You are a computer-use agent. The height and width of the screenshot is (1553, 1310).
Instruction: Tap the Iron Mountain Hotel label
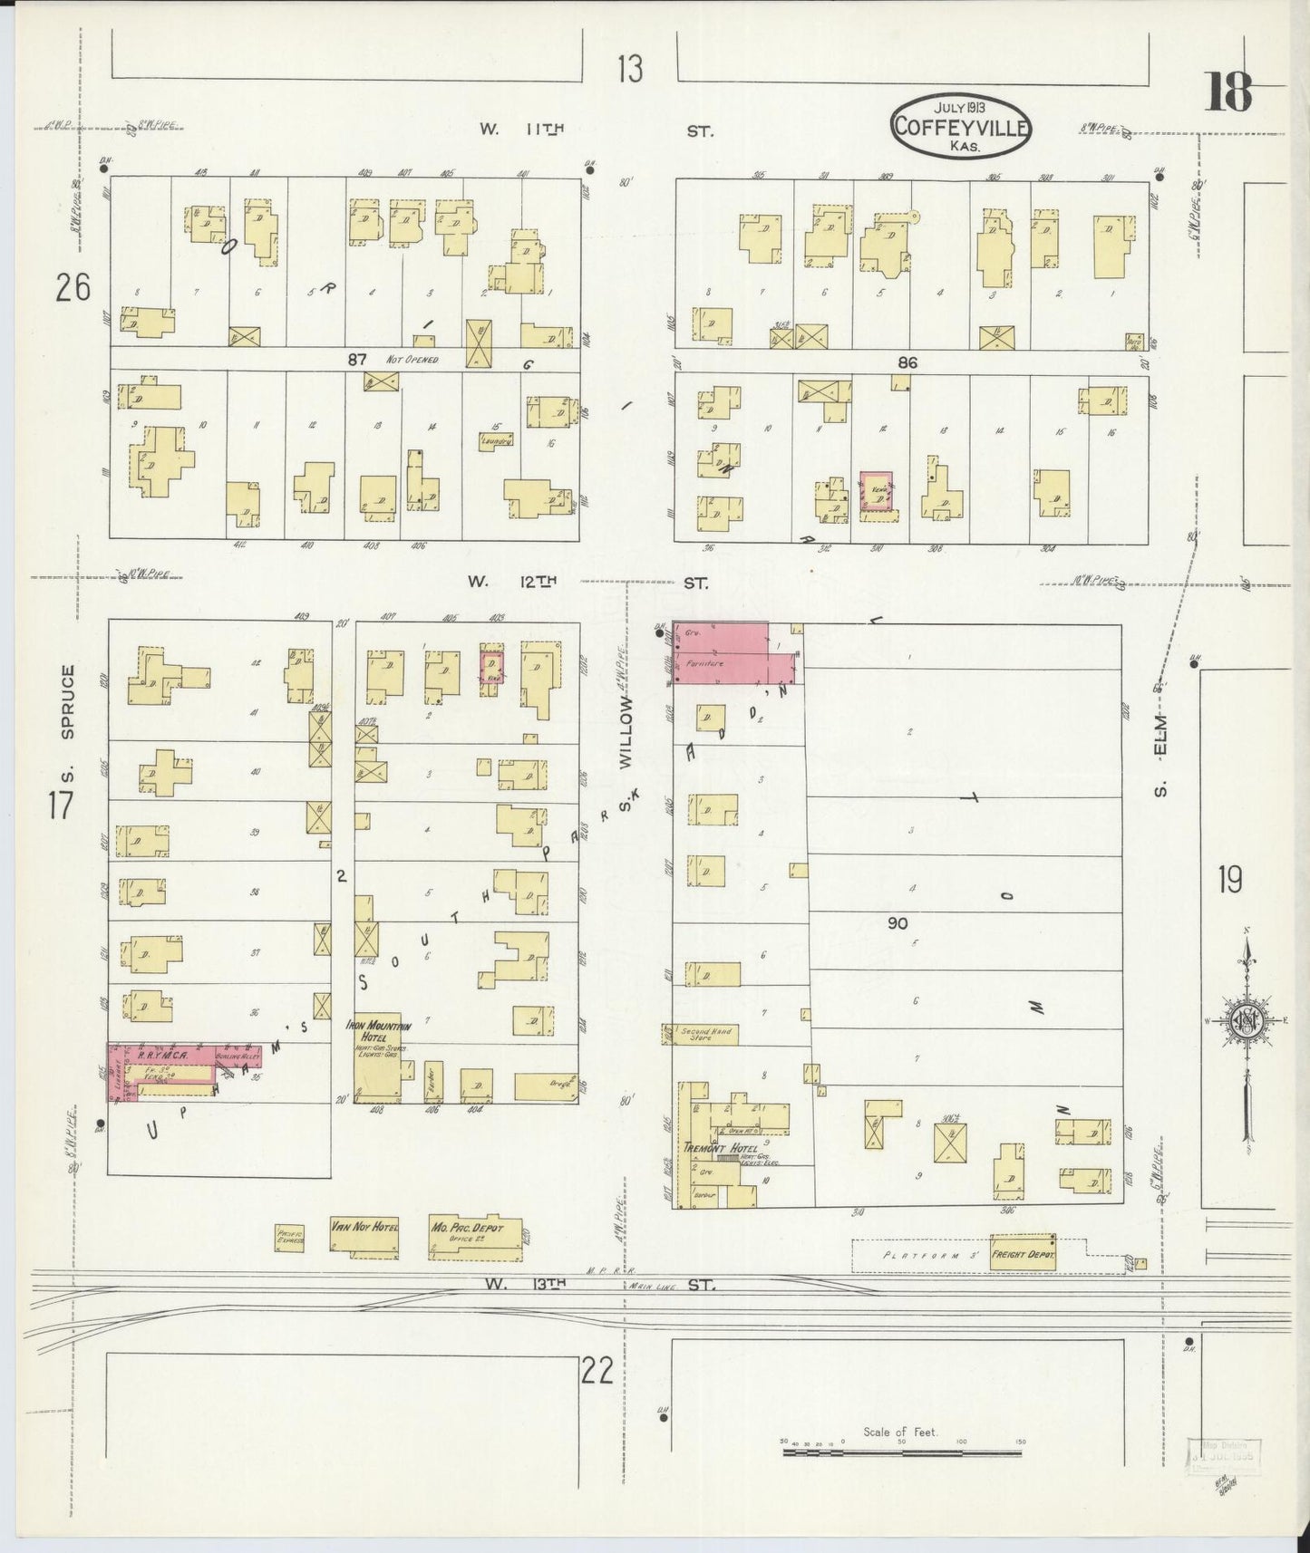[378, 1031]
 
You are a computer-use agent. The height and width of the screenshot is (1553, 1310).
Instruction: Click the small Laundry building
[497, 440]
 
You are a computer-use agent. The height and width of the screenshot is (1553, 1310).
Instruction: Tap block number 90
[898, 923]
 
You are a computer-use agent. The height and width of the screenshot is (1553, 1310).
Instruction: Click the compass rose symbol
[1247, 1020]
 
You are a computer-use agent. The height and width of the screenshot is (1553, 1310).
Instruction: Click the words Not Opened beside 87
[412, 360]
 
